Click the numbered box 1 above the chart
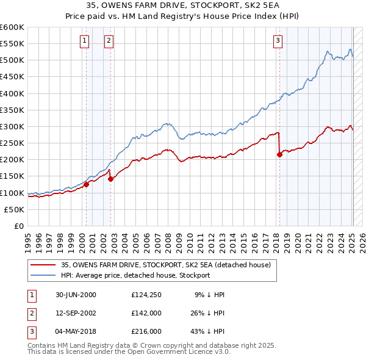click(x=84, y=41)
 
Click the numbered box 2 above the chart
click(x=108, y=41)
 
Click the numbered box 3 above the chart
click(x=278, y=41)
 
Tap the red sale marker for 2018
click(x=280, y=154)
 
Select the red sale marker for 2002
click(x=111, y=179)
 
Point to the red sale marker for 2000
click(x=87, y=184)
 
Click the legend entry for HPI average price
click(x=135, y=275)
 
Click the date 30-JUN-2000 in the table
click(x=76, y=295)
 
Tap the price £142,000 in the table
click(x=146, y=313)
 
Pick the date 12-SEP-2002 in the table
click(x=76, y=313)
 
